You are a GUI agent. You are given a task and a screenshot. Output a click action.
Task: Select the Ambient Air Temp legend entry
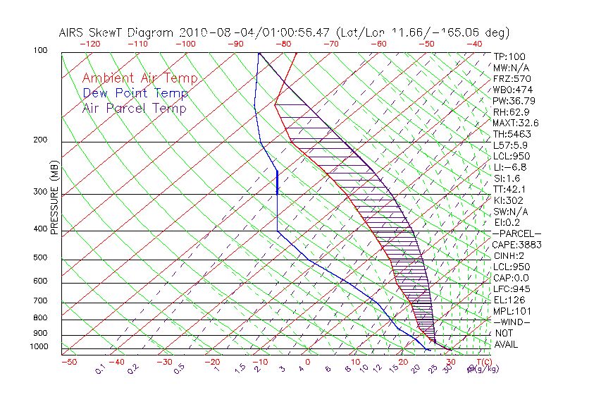[140, 78]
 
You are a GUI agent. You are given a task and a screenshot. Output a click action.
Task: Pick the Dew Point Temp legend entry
[135, 93]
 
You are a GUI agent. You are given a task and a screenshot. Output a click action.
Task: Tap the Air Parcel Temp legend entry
[135, 108]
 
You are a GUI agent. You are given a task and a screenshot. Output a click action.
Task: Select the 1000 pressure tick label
[39, 346]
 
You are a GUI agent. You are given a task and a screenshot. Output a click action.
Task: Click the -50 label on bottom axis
[68, 362]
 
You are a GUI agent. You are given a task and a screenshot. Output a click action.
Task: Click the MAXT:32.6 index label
[516, 123]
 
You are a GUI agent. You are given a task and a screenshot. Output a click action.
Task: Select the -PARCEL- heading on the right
[517, 233]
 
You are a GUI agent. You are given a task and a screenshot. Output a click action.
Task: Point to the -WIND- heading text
[512, 322]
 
